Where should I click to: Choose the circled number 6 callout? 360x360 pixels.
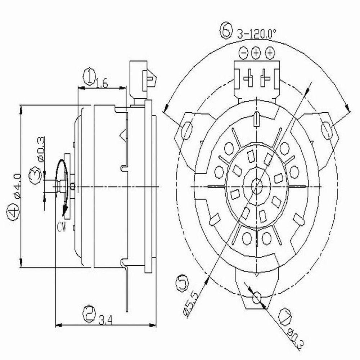point(225,32)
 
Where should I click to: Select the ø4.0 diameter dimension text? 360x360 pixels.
point(15,185)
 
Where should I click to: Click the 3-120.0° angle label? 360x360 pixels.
point(256,34)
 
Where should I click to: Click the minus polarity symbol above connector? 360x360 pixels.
point(243,53)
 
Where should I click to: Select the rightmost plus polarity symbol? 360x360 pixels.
point(269,53)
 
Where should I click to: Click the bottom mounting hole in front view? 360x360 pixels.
point(256,297)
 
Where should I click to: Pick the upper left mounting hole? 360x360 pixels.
point(187,130)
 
